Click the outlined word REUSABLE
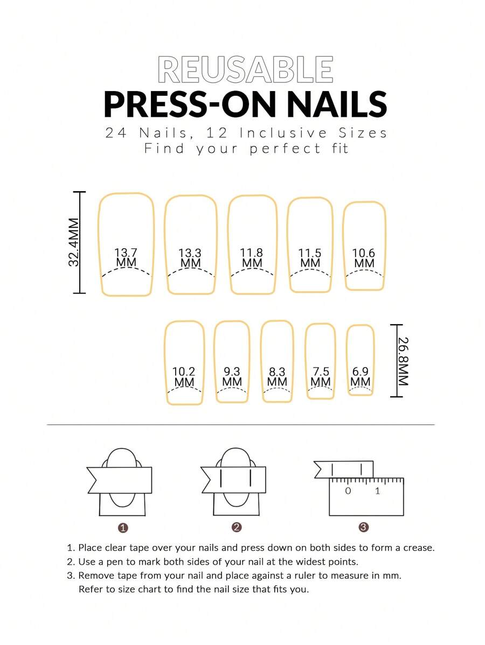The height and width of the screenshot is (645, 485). pos(245,69)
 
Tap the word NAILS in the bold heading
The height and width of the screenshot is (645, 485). pos(337,104)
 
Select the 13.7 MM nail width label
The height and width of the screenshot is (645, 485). pos(126,257)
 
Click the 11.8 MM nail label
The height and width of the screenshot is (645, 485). pos(252,258)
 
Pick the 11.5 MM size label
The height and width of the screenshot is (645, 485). pos(310,258)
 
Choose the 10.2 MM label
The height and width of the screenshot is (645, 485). pos(184,377)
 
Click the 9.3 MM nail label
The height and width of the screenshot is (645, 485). pos(232,377)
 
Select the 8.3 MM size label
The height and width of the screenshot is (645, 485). pos(277,377)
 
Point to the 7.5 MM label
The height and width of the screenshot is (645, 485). pos(321,377)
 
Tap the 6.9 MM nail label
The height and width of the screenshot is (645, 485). pos(361,377)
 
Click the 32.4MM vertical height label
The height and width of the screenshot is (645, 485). pos(74,242)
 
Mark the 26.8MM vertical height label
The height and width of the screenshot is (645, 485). pos(404,361)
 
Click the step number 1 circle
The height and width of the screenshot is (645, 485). pos(123,528)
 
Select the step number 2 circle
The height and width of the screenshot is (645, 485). pos(237,527)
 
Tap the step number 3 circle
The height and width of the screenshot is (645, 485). pos(364,527)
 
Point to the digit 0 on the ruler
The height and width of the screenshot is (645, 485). pos(348,490)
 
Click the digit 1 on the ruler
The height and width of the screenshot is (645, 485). pos(378,490)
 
